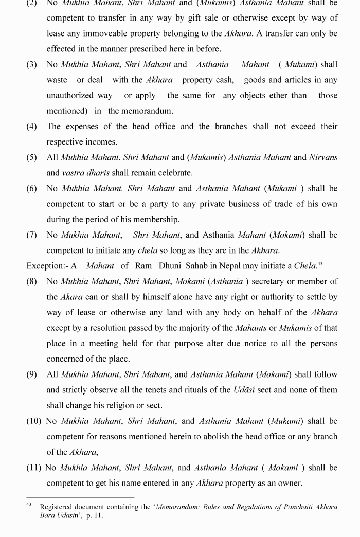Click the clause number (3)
pos(32,64)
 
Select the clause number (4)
pos(32,127)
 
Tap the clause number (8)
pos(32,281)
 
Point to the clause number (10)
pos(34,421)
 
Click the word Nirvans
pos(323,157)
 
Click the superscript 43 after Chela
pos(320,264)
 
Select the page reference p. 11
pos(95,515)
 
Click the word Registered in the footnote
pos(58,507)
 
